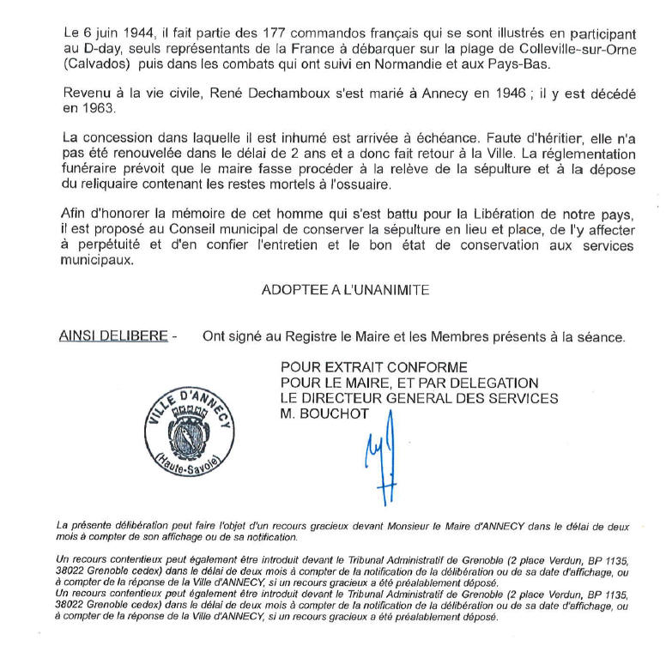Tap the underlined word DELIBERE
(136, 337)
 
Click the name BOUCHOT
(333, 414)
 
